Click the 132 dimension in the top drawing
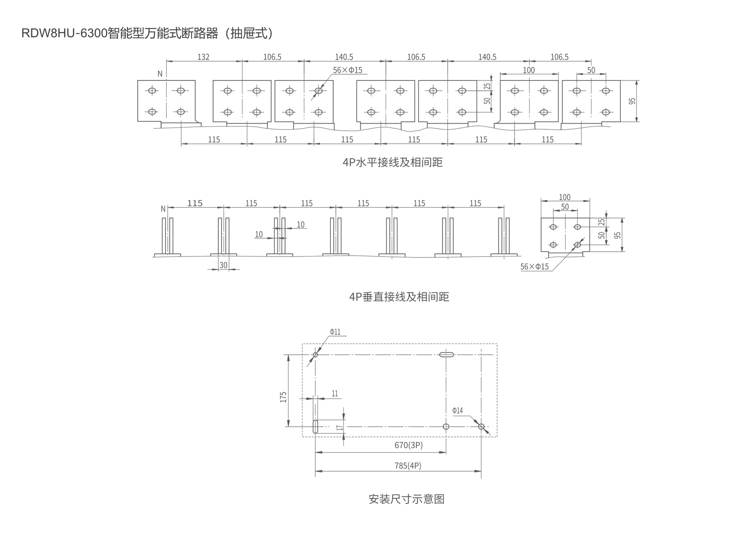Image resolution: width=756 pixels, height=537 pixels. click(x=203, y=57)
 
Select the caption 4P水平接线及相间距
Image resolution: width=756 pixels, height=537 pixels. click(x=393, y=162)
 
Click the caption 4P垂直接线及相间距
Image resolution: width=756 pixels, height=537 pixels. click(x=399, y=297)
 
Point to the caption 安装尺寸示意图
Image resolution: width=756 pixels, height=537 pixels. click(x=406, y=499)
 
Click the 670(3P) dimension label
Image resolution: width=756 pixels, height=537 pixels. click(x=408, y=445)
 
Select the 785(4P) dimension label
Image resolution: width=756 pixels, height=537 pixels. click(x=408, y=465)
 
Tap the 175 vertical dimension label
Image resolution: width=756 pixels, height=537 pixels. click(x=283, y=397)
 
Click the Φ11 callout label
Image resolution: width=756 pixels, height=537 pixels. click(x=335, y=332)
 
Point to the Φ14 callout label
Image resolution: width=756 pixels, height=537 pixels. click(x=458, y=410)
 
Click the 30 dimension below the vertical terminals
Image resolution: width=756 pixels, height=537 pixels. click(x=223, y=265)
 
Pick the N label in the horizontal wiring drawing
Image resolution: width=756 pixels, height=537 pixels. click(x=160, y=74)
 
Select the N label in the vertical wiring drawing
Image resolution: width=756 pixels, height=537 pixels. click(x=163, y=208)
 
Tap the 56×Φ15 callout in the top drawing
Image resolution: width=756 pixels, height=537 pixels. click(x=348, y=70)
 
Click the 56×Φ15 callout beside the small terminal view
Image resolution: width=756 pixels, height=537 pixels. click(x=535, y=267)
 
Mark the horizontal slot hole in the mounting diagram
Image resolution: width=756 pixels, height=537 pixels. click(x=446, y=355)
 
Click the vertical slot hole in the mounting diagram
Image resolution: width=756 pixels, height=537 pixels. click(x=315, y=427)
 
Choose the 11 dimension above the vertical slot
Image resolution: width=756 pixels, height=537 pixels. click(x=335, y=393)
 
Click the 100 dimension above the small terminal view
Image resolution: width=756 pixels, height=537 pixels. click(x=564, y=197)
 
